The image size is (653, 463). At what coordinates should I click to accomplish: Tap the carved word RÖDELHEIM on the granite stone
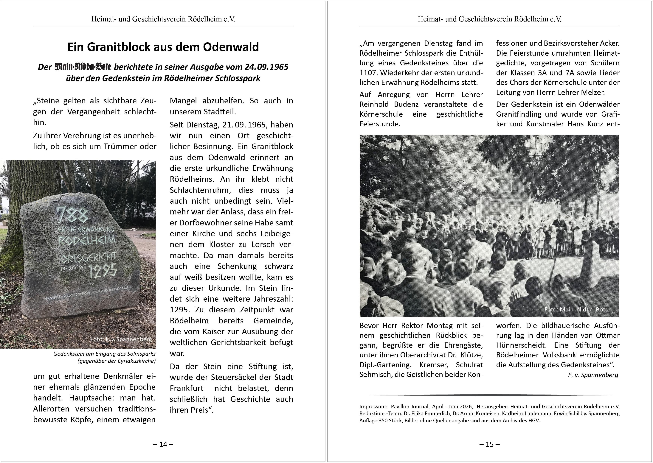point(87,240)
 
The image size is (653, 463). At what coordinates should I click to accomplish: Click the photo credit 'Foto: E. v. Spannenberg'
point(121,339)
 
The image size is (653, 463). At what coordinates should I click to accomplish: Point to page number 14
point(163,444)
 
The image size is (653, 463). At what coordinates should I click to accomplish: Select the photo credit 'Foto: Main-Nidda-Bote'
point(576,310)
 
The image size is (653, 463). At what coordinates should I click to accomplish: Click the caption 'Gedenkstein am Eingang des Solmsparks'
point(104,354)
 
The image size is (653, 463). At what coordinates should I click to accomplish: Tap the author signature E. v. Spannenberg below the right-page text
point(593,375)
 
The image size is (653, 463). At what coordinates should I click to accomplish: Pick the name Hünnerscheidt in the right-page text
point(521,345)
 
